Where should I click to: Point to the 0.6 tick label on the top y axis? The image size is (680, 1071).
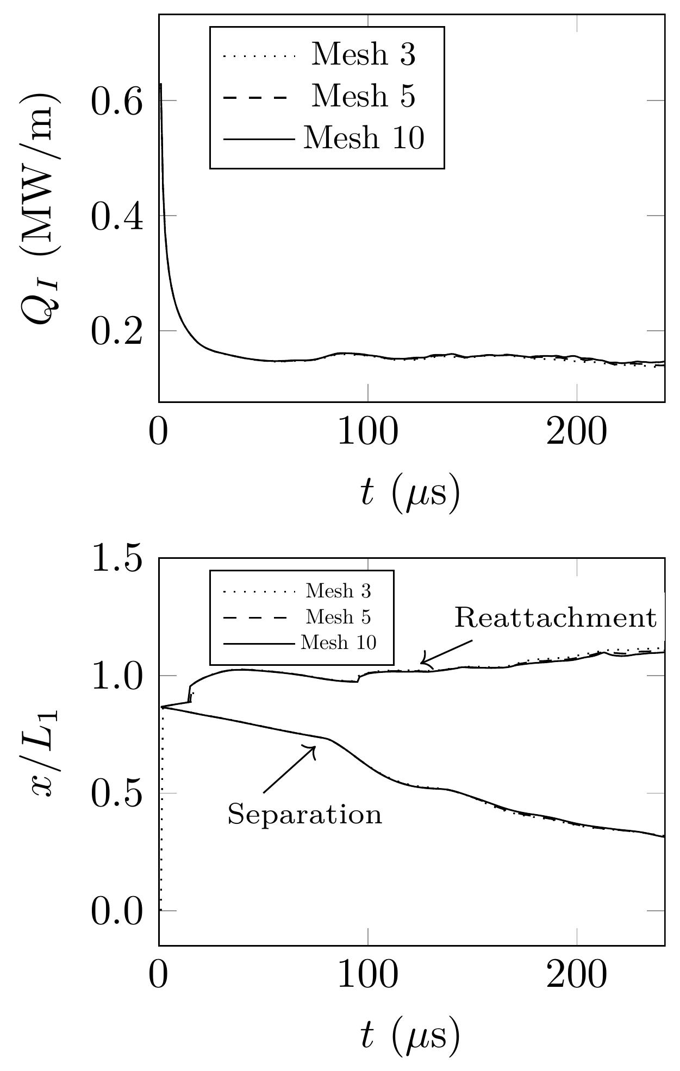[117, 101]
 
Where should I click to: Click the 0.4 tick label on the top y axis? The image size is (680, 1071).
[117, 216]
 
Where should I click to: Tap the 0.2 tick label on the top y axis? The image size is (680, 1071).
[117, 331]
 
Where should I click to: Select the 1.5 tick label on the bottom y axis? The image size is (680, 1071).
[117, 558]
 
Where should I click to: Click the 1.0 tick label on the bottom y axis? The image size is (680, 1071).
[117, 676]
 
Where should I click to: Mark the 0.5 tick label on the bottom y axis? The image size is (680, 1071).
[117, 793]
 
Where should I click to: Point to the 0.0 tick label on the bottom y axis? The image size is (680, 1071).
[117, 911]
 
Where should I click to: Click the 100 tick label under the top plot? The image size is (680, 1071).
[368, 433]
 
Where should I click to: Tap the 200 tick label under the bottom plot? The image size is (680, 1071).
[576, 976]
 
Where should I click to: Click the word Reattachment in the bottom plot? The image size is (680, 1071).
[556, 618]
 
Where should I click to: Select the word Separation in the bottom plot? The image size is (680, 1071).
[304, 815]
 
